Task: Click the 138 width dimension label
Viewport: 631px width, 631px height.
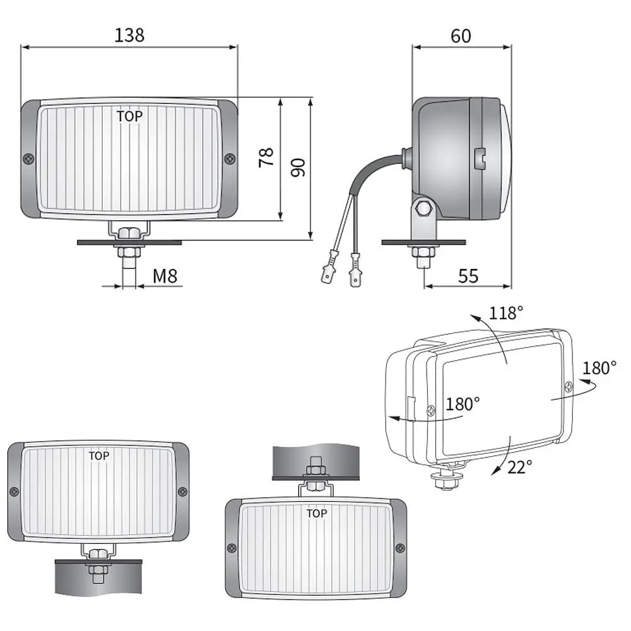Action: click(x=129, y=35)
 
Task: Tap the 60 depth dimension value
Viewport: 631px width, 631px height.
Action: click(x=461, y=36)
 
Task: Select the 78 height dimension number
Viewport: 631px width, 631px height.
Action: click(x=266, y=157)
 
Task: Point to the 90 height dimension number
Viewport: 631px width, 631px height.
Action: click(x=298, y=167)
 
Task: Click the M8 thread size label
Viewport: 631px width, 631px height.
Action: click(x=165, y=276)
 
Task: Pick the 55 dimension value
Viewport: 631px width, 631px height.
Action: click(x=468, y=276)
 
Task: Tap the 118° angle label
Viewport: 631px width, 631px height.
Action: click(x=506, y=313)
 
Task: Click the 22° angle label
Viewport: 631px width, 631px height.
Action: click(x=519, y=467)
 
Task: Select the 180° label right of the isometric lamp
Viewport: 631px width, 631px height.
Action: click(x=599, y=368)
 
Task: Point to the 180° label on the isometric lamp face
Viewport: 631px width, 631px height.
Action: click(x=463, y=404)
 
